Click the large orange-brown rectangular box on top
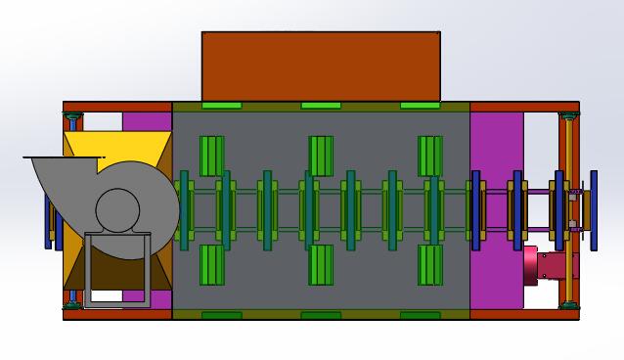coord(321,66)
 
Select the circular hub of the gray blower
coord(117,209)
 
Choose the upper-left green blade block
coord(212,156)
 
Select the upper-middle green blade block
coord(321,156)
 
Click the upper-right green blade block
coord(430,156)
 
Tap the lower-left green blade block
coord(212,265)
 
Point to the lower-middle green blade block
coord(321,265)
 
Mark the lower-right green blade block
coord(430,265)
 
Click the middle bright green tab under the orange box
coord(321,106)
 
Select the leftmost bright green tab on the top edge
coord(221,106)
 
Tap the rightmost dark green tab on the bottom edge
coord(420,315)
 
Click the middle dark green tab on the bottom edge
coord(321,315)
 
